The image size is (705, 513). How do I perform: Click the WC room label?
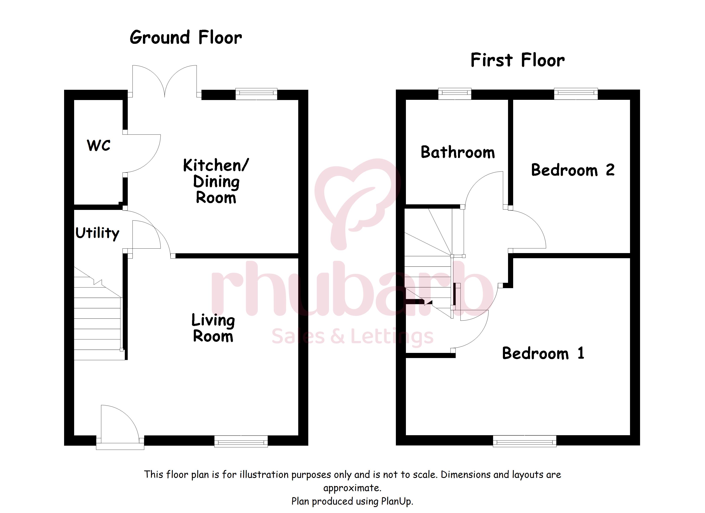tap(98, 145)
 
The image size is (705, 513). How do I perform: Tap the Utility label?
tap(97, 233)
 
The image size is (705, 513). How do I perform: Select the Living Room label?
tap(213, 328)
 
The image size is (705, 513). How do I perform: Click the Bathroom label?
tap(458, 152)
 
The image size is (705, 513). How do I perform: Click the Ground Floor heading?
tap(186, 37)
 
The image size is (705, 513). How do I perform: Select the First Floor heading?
tap(518, 60)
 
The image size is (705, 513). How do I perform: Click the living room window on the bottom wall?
tap(241, 441)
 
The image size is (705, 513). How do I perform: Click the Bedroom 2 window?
tap(576, 94)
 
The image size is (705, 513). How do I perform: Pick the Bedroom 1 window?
tap(525, 441)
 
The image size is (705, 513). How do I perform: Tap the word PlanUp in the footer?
tap(397, 501)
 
